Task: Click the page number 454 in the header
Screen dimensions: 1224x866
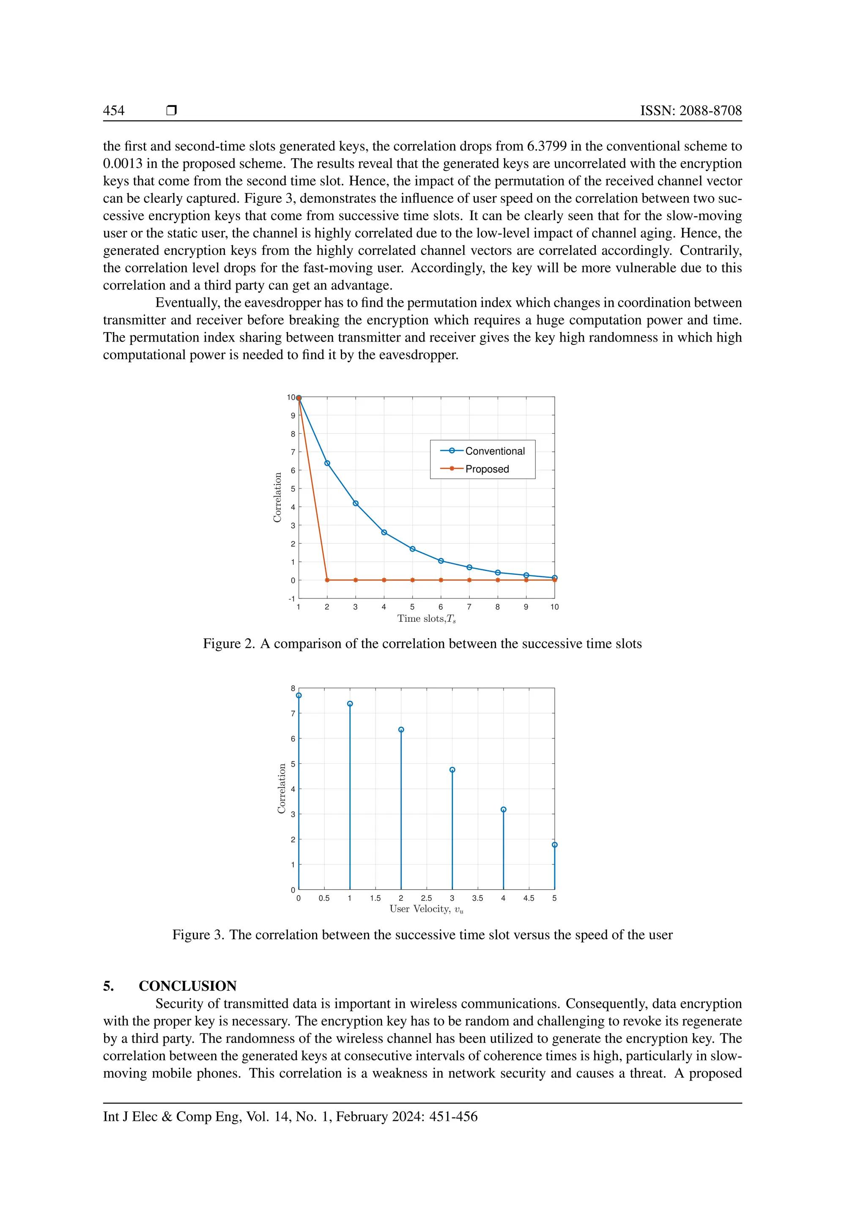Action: coord(114,110)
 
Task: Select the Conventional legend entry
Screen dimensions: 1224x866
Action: coord(494,451)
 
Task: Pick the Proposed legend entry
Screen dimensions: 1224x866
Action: coord(486,469)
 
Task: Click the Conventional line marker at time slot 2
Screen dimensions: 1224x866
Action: coord(327,463)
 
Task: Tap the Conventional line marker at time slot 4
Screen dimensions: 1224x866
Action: coord(384,533)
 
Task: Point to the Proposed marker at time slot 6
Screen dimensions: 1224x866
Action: coord(441,580)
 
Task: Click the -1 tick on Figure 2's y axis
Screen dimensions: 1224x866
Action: coord(292,598)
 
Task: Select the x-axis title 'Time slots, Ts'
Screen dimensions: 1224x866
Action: coord(426,619)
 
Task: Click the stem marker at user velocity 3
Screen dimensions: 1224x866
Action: coord(452,770)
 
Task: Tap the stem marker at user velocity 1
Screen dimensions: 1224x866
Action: coord(350,704)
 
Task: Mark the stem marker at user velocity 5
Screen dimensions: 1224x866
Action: coord(555,845)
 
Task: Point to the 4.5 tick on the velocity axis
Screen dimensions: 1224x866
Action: coord(529,898)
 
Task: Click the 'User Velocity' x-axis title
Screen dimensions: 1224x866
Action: coord(426,910)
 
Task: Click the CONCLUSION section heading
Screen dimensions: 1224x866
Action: coord(187,986)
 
